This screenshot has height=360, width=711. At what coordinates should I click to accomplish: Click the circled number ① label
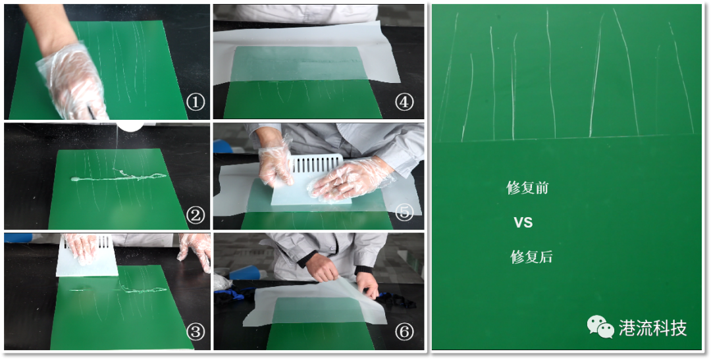coord(196,103)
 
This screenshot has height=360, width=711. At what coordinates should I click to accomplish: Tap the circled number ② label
coord(196,215)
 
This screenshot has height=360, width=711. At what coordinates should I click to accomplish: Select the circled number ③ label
coord(196,332)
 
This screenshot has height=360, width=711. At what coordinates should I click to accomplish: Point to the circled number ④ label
coord(404,103)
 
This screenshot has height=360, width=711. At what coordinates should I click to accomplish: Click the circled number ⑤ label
coord(404,212)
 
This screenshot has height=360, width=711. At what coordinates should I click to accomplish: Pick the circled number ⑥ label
coord(404,332)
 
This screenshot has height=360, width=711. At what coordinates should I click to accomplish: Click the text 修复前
coord(527,188)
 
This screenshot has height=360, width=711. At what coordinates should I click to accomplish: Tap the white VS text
coord(523,222)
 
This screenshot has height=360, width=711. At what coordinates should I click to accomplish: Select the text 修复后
coord(531,257)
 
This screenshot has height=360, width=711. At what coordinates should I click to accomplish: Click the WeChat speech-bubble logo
coord(601,327)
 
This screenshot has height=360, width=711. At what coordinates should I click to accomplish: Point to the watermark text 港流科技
coord(653,328)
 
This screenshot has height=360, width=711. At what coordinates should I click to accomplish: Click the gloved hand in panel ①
coord(72,81)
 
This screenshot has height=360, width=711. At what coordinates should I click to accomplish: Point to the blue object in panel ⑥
coord(245,272)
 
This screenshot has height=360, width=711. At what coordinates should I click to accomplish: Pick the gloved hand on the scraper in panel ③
coord(81,249)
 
